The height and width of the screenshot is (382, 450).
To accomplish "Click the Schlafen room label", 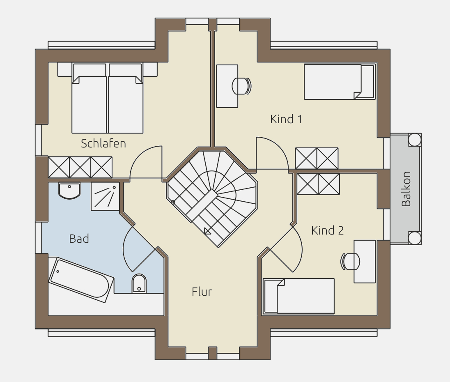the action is (103, 143).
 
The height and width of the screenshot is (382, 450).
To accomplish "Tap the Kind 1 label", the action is (286, 119).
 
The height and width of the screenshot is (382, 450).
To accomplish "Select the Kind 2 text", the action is (328, 230).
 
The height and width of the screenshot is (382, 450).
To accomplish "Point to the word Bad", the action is (79, 239).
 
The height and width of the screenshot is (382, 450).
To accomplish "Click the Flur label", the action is (202, 292).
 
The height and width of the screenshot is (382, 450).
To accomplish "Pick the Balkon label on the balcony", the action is (406, 189).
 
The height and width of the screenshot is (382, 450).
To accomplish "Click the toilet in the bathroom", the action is (139, 283).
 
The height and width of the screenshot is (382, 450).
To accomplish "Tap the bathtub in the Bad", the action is (81, 280).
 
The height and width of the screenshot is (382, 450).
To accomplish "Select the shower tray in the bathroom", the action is (105, 196).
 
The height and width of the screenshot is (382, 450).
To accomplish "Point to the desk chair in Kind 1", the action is (242, 86).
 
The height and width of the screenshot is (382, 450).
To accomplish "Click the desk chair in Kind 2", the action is (350, 262).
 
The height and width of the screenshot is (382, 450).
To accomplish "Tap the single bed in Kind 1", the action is (340, 82).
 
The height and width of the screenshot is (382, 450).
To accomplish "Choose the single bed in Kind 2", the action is (299, 296).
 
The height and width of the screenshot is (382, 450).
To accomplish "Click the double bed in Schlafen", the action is (107, 98).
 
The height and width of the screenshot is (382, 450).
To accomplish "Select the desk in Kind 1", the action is (227, 86).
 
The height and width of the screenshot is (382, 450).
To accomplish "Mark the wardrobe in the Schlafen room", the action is (80, 167).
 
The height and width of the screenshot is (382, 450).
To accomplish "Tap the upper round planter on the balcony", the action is (414, 140).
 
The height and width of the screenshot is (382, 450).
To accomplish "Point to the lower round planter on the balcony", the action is (414, 238).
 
